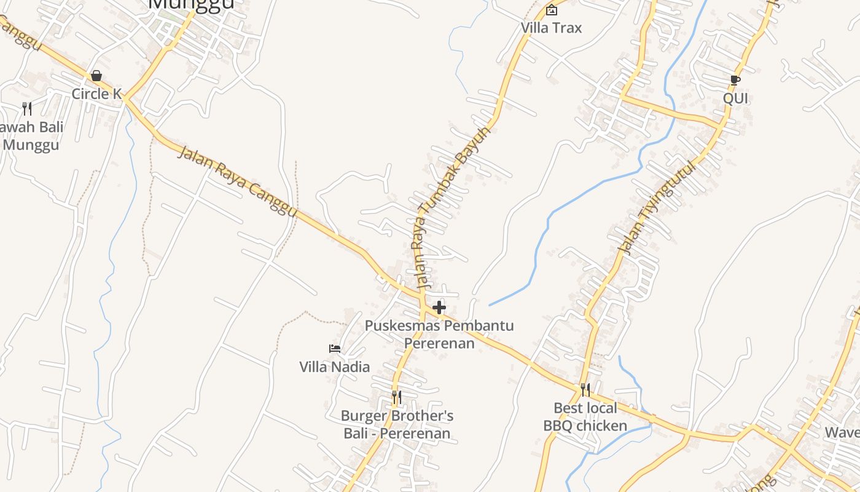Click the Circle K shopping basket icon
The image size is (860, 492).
96,76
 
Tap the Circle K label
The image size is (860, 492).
96,94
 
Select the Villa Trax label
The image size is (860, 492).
551,28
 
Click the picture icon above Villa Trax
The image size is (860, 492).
552,10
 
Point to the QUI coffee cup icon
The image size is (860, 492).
735,80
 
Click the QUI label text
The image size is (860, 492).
735,98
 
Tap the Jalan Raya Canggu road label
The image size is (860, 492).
237,181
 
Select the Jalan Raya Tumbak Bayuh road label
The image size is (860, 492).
452,207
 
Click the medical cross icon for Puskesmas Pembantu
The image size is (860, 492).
439,307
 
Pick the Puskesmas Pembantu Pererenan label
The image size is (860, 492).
439,334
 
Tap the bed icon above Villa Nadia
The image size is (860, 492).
335,349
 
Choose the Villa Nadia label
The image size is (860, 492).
335,367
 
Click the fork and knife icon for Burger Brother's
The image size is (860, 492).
397,397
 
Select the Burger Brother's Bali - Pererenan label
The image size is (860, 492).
397,424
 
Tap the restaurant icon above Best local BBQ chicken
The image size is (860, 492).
585,389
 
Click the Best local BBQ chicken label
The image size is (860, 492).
585,416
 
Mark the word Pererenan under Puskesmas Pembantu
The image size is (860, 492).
439,343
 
